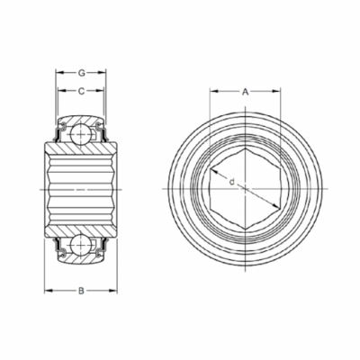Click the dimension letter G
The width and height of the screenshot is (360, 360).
tap(82, 73)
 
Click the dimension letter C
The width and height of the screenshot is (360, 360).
tap(81, 91)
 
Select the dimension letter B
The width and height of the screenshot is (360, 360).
tap(81, 291)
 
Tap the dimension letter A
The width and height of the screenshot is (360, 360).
tap(246, 92)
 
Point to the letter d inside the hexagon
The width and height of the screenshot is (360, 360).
tap(231, 182)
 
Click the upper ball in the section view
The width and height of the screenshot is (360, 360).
tap(80, 133)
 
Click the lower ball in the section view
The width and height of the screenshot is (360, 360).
tap(80, 245)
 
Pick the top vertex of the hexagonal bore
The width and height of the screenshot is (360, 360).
tap(246, 148)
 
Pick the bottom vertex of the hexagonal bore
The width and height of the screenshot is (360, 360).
tap(246, 230)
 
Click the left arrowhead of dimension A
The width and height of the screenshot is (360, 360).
tap(213, 91)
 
